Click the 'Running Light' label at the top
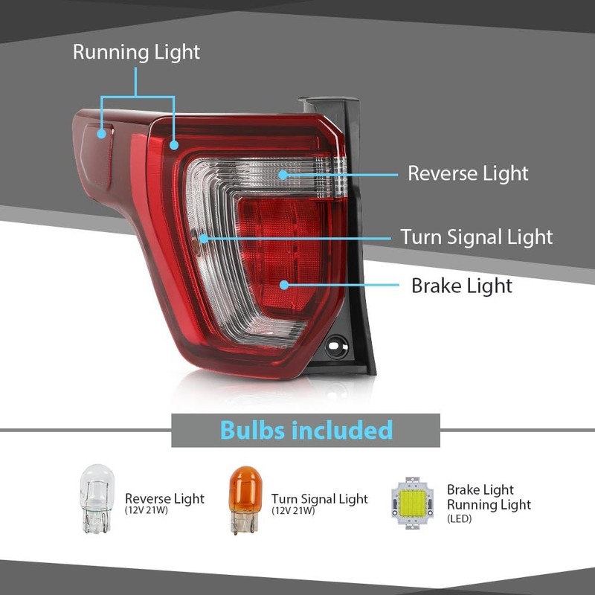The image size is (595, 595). click(136, 52)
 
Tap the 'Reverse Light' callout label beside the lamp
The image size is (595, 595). click(468, 173)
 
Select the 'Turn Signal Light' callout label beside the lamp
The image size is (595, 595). click(477, 237)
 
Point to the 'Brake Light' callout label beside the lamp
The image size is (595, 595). click(461, 286)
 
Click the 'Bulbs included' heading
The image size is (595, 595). click(306, 430)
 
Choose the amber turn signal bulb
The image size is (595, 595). click(244, 498)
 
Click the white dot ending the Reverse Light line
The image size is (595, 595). click(283, 174)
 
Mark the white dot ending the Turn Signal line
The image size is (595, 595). click(202, 238)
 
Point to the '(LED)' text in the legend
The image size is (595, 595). click(460, 519)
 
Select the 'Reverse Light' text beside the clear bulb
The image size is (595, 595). click(164, 498)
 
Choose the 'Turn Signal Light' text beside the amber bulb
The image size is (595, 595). click(319, 498)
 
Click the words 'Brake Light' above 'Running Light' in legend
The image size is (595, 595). click(480, 489)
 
